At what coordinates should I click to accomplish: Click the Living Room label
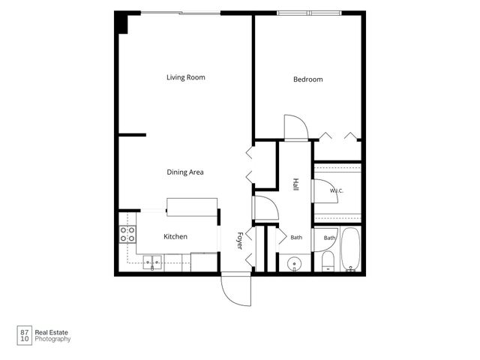click(186, 77)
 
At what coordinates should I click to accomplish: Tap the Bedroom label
click(308, 79)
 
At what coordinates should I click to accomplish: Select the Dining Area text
click(185, 172)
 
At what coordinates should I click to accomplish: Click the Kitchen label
click(175, 237)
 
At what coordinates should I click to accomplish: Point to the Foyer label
click(240, 241)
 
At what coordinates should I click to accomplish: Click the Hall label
click(295, 184)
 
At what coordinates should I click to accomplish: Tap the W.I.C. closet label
click(337, 190)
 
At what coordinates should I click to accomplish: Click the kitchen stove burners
click(127, 234)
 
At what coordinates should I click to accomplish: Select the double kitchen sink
click(152, 263)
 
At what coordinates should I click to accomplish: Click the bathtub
click(350, 249)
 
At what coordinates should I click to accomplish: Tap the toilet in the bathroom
click(328, 262)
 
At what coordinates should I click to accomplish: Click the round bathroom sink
click(295, 263)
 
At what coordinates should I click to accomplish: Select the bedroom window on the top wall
click(309, 13)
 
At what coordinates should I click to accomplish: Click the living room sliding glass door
click(181, 13)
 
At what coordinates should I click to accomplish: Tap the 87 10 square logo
click(25, 335)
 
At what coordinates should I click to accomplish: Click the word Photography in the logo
click(52, 339)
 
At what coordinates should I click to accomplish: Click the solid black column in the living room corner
click(121, 22)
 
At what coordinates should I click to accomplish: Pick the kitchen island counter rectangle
click(192, 207)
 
